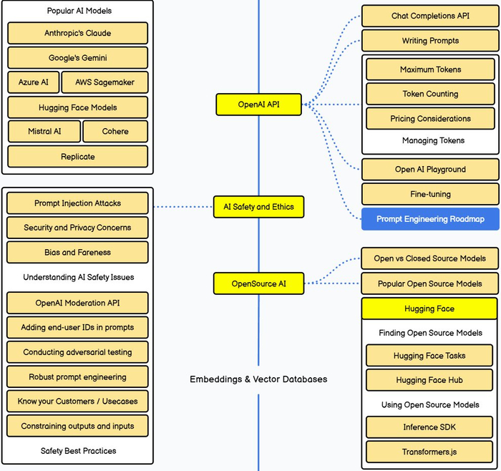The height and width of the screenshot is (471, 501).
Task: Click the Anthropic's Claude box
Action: pos(77,33)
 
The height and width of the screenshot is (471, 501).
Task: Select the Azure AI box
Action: pos(34,82)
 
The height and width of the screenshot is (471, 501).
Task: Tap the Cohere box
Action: pos(115,131)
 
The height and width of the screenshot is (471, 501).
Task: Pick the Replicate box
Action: pos(77,157)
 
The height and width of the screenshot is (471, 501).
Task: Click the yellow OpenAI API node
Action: pos(259,105)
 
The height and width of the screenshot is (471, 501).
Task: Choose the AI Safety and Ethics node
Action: pos(259,207)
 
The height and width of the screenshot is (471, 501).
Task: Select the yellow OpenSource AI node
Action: pos(259,283)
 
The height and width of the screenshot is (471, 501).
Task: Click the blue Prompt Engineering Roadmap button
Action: pos(430,219)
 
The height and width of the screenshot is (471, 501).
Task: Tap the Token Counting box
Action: pos(430,94)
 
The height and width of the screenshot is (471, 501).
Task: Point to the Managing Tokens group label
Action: pos(433,140)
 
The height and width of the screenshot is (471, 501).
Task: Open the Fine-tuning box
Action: pos(430,194)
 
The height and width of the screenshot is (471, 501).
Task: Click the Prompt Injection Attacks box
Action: pos(77,203)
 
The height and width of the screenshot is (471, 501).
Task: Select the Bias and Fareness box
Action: pos(77,252)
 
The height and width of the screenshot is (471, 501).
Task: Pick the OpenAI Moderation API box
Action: pos(77,303)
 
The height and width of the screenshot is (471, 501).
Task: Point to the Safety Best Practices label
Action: pos(78,451)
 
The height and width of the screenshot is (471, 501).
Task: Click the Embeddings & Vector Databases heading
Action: pos(258,379)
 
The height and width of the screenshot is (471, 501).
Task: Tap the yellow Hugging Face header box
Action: pos(429,309)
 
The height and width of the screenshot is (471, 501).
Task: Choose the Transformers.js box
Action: pos(429,452)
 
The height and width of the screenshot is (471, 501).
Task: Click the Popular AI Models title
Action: pos(79,11)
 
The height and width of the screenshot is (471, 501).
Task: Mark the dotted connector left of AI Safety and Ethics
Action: pos(183,207)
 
